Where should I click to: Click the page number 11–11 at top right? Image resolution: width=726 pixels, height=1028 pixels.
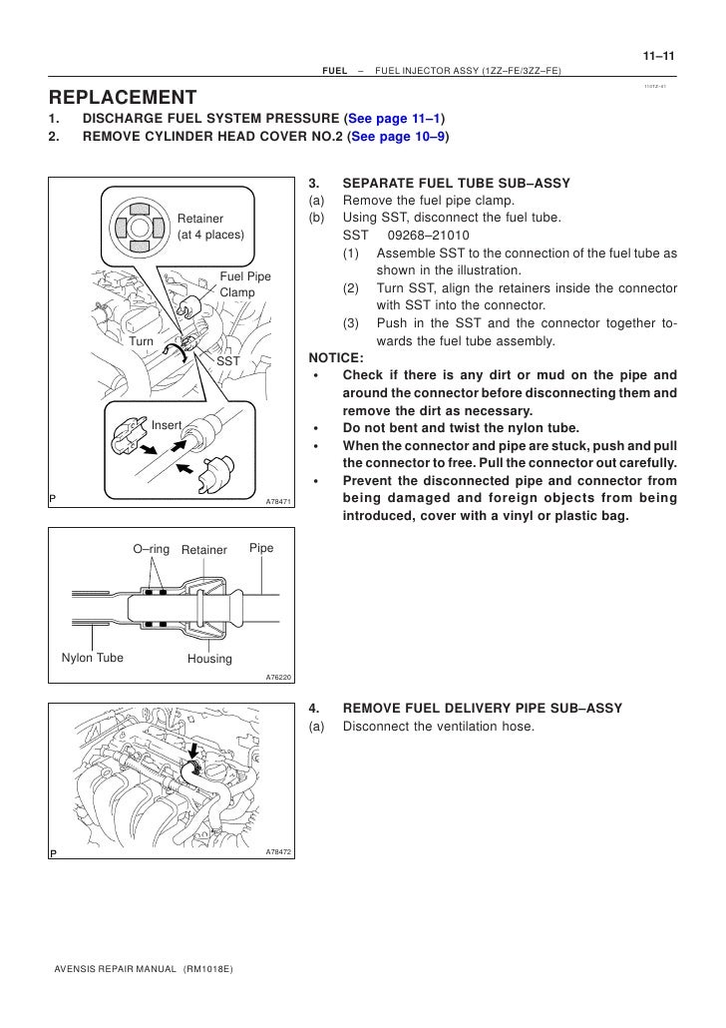657,56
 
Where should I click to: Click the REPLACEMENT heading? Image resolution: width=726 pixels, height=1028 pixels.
123,97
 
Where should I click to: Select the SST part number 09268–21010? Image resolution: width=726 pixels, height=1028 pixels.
425,235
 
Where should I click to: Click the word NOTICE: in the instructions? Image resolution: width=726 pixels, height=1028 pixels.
337,357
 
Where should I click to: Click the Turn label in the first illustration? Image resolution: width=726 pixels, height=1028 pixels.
142,341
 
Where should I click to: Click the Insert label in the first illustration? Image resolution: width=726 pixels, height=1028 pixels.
167,425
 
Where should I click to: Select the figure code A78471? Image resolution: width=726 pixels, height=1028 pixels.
278,501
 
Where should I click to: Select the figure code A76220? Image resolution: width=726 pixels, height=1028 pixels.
278,677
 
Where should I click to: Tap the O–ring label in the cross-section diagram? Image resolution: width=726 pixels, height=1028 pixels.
152,549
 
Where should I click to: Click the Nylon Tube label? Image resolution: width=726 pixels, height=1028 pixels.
93,658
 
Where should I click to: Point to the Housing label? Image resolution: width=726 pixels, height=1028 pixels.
209,659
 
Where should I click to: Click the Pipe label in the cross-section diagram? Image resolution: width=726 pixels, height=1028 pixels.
261,549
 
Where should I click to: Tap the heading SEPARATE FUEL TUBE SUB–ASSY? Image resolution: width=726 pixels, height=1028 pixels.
456,184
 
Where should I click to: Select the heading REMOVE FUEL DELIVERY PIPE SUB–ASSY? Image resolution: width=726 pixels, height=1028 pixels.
482,708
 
